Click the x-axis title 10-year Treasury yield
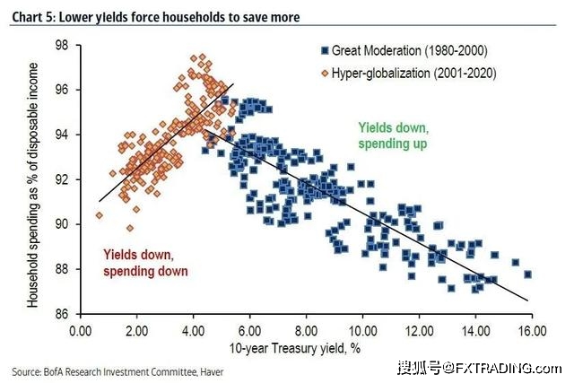305,347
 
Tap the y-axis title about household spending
33,179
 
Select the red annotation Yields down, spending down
145,262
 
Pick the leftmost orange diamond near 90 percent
99,215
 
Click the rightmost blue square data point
527,274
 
